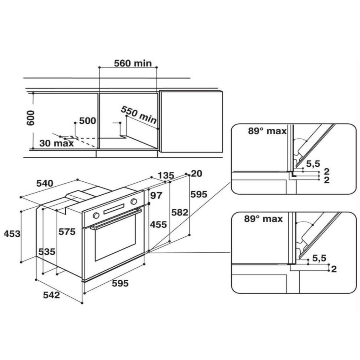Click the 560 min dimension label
pyautogui.click(x=133, y=64)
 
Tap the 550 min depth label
pyautogui.click(x=138, y=115)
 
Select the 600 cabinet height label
pyautogui.click(x=31, y=118)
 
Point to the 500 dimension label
pyautogui.click(x=87, y=121)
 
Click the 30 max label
pyautogui.click(x=57, y=143)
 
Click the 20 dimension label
pyautogui.click(x=197, y=174)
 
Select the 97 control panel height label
pyautogui.click(x=156, y=196)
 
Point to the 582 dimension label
pyautogui.click(x=179, y=212)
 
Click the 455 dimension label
pyautogui.click(x=158, y=225)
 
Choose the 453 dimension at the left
pyautogui.click(x=12, y=234)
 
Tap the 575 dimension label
pyautogui.click(x=67, y=232)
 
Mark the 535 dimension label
pyautogui.click(x=47, y=252)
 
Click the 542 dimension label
pyautogui.click(x=51, y=295)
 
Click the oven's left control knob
pyautogui.click(x=96, y=215)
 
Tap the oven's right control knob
pyautogui.click(x=134, y=201)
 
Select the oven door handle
pyautogui.click(x=116, y=219)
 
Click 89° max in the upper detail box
pyautogui.click(x=267, y=131)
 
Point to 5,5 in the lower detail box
pyautogui.click(x=319, y=258)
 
